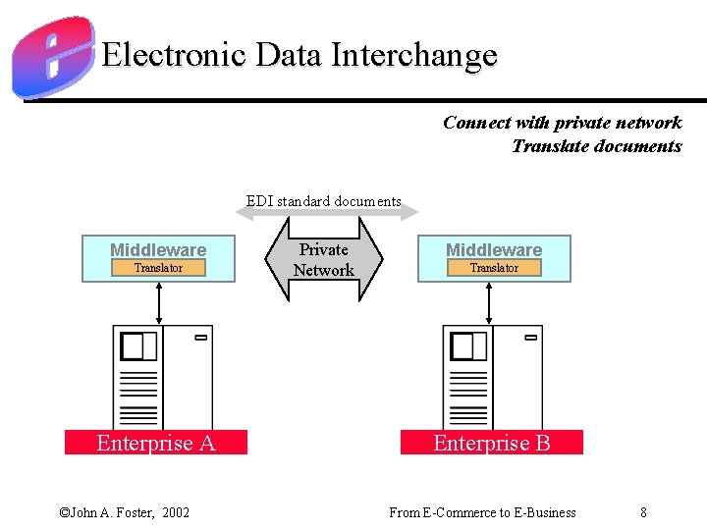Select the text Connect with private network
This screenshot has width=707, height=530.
click(x=562, y=123)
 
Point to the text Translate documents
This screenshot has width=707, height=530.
click(x=596, y=146)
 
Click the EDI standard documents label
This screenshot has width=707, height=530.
click(x=324, y=201)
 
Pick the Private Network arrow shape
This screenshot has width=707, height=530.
click(x=324, y=260)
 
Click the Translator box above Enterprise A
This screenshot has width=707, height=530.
click(x=158, y=268)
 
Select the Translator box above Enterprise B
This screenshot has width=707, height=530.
click(x=494, y=268)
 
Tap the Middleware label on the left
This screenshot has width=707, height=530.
click(x=158, y=250)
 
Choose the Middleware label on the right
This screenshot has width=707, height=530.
click(x=494, y=250)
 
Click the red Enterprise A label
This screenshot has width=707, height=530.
click(x=155, y=443)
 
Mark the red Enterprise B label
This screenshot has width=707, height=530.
click(x=492, y=443)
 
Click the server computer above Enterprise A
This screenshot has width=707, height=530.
click(x=162, y=377)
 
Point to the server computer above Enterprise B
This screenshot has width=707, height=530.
click(x=492, y=377)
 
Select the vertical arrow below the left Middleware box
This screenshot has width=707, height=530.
click(x=159, y=302)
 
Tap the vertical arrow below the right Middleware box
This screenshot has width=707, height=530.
click(x=490, y=302)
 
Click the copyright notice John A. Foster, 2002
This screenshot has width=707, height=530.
click(x=125, y=512)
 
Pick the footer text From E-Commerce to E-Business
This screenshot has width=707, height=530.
click(x=482, y=512)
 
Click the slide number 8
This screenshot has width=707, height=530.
click(x=643, y=512)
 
